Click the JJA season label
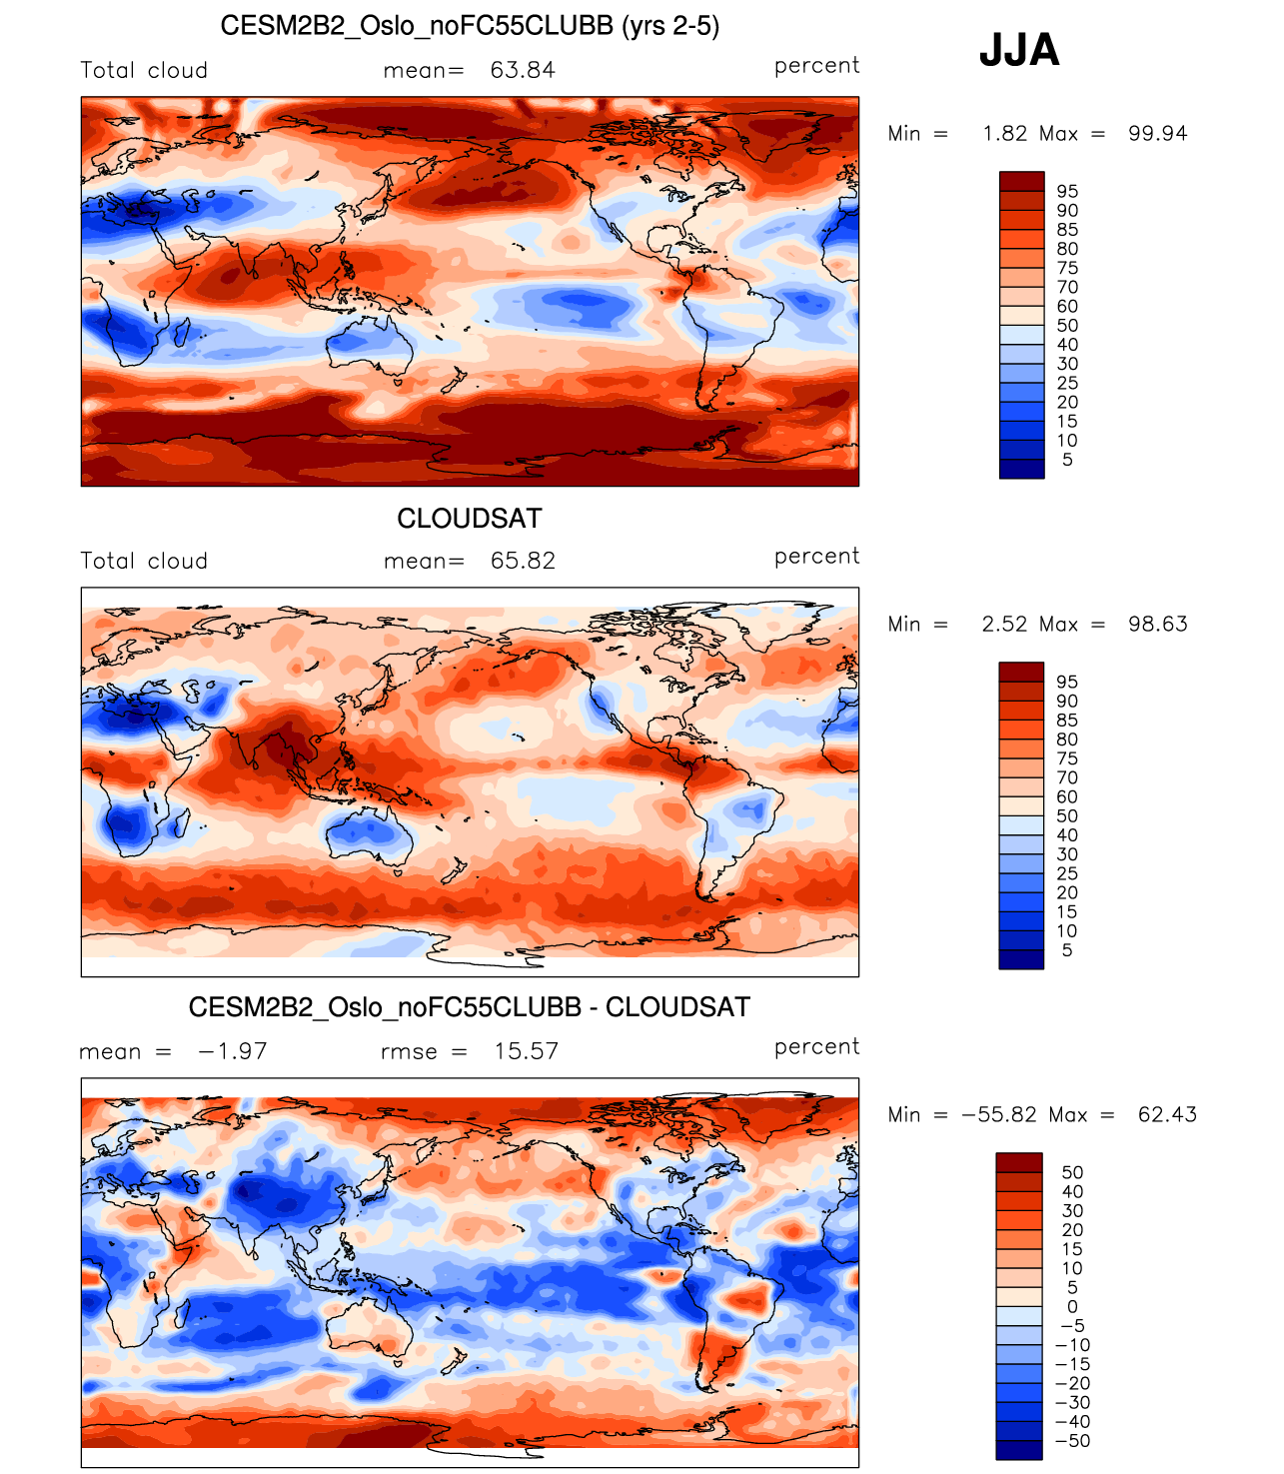tap(1018, 50)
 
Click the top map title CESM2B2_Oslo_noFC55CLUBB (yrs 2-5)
tap(470, 26)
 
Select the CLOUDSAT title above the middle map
tap(470, 519)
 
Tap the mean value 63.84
tap(523, 70)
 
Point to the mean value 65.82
tap(523, 561)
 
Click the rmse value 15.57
tap(526, 1051)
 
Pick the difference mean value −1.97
tap(232, 1051)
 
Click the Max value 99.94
tap(1157, 134)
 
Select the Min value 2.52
tap(1004, 625)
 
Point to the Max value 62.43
tap(1166, 1115)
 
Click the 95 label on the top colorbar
tap(1067, 192)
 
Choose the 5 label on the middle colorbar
tap(1067, 950)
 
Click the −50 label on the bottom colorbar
tap(1072, 1441)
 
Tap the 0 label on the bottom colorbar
tap(1072, 1307)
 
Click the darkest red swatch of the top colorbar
tap(1021, 181)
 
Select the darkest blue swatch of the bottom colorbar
tap(1018, 1450)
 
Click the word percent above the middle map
tap(816, 557)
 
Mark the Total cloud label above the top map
tap(144, 71)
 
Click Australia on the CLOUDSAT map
tap(368, 832)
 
